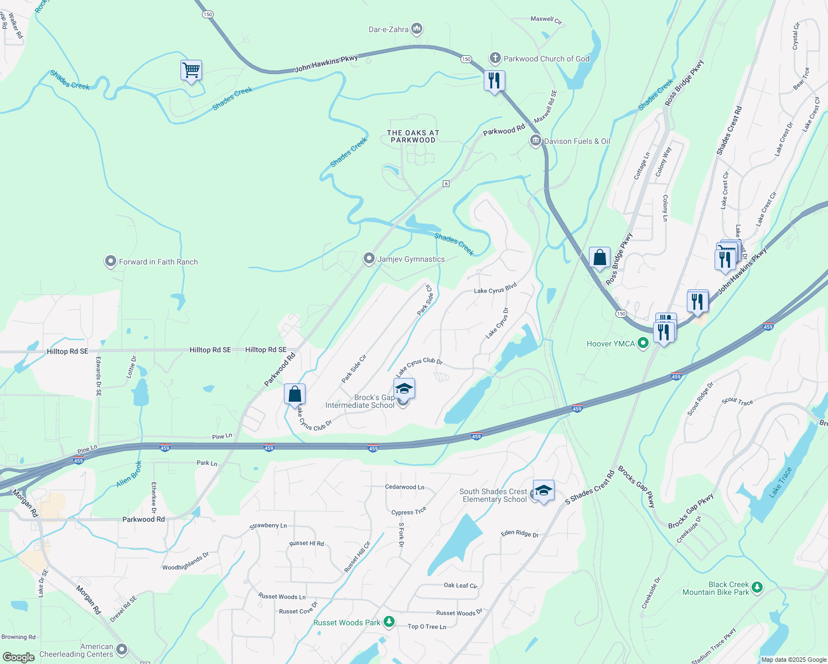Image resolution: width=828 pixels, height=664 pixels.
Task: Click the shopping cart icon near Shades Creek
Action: click(x=191, y=71)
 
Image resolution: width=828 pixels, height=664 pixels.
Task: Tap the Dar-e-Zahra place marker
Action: click(x=417, y=29)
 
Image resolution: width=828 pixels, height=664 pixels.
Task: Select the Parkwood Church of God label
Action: click(x=546, y=59)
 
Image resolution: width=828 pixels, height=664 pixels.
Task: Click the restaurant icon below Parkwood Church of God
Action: click(x=494, y=81)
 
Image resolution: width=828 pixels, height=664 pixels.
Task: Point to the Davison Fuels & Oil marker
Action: click(x=535, y=141)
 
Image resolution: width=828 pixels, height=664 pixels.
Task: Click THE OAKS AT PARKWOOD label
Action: click(x=413, y=137)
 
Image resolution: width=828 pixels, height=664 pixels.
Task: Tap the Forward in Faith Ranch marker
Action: click(x=111, y=262)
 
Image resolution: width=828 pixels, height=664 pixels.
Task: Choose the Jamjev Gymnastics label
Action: click(x=411, y=259)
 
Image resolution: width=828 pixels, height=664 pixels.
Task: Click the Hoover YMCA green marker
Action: click(x=643, y=344)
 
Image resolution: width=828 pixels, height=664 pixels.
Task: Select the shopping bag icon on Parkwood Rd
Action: click(x=294, y=395)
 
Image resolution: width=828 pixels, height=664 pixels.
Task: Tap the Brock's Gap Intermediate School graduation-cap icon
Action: click(x=404, y=389)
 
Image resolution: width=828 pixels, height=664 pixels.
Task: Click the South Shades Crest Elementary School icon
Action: click(x=544, y=491)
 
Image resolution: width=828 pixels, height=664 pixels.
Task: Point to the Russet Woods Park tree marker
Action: click(x=389, y=622)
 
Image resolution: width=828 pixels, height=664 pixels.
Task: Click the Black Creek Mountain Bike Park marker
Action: click(x=757, y=588)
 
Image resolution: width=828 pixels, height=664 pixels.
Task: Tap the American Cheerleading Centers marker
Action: click(x=122, y=650)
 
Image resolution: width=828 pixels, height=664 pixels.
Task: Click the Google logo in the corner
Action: click(x=18, y=657)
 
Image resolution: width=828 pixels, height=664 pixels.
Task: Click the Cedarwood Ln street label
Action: click(x=405, y=487)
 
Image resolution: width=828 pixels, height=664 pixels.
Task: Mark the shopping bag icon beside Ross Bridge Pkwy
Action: click(x=599, y=258)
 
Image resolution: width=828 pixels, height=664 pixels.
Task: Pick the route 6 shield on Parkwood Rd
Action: click(x=446, y=184)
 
